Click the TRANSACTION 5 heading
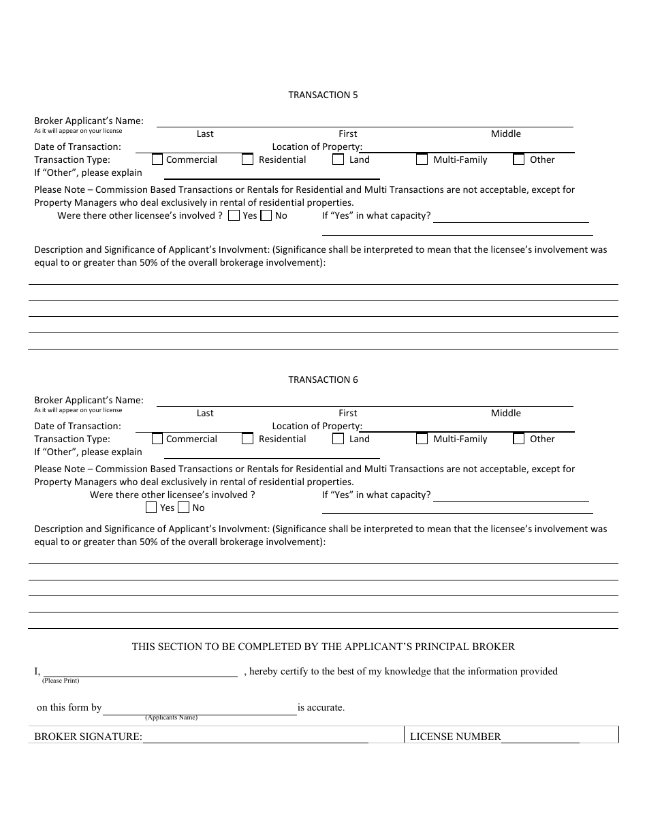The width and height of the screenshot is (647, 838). pyautogui.click(x=323, y=95)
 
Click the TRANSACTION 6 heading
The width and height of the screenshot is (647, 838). pyautogui.click(x=323, y=379)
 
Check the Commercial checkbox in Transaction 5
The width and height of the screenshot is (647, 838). pyautogui.click(x=157, y=159)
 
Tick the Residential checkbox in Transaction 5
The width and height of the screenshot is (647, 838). pyautogui.click(x=248, y=159)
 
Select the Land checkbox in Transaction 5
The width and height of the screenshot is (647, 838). pyautogui.click(x=338, y=159)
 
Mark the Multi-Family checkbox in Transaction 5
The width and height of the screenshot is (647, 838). pyautogui.click(x=422, y=159)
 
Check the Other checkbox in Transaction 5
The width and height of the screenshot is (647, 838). pyautogui.click(x=519, y=159)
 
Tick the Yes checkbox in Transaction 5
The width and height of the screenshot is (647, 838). pyautogui.click(x=234, y=215)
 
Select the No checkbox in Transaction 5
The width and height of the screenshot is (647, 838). pyautogui.click(x=266, y=215)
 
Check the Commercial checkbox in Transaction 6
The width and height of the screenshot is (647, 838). pyautogui.click(x=157, y=439)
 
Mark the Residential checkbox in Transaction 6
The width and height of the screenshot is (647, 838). pyautogui.click(x=248, y=439)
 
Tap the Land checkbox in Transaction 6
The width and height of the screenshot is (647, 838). pyautogui.click(x=338, y=439)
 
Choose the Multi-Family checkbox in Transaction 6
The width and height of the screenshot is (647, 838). pyautogui.click(x=422, y=439)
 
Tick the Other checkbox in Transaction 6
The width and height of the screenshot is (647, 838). pyautogui.click(x=519, y=439)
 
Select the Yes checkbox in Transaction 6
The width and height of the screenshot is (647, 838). pyautogui.click(x=151, y=508)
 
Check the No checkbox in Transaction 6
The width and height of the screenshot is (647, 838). pyautogui.click(x=184, y=508)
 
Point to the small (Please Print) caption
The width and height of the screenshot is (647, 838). pyautogui.click(x=61, y=681)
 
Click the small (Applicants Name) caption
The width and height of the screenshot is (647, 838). pyautogui.click(x=171, y=717)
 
